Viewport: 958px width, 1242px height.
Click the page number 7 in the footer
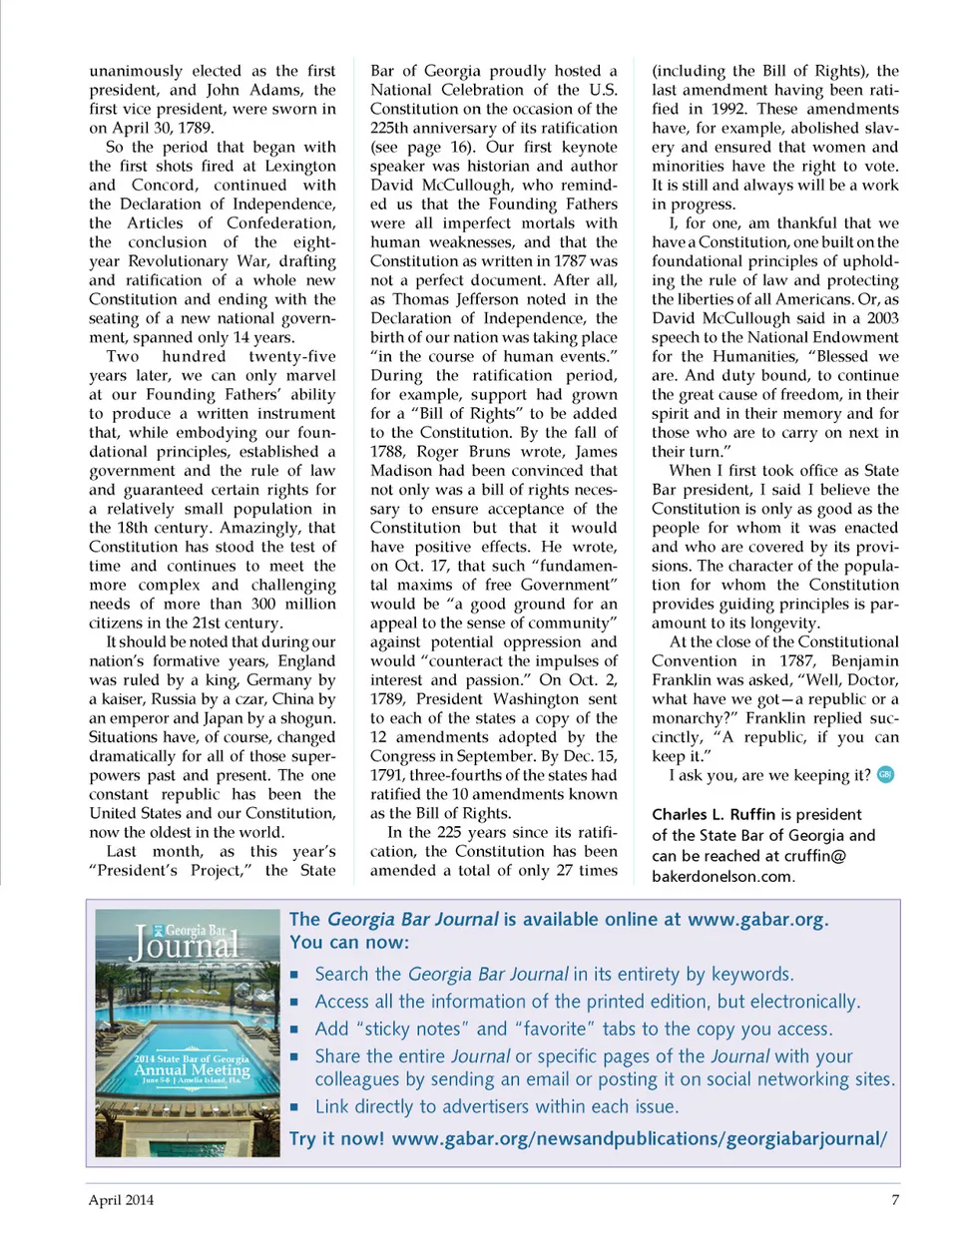pyautogui.click(x=895, y=1199)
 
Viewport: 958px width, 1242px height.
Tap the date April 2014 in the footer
pyautogui.click(x=121, y=1199)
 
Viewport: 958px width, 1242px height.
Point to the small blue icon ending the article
pyautogui.click(x=885, y=775)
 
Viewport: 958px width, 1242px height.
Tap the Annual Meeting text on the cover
pyautogui.click(x=192, y=1069)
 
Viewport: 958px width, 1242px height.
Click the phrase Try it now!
pyautogui.click(x=336, y=1138)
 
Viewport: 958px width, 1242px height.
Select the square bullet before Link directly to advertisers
pyautogui.click(x=295, y=1106)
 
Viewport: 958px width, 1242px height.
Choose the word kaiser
pyautogui.click(x=124, y=698)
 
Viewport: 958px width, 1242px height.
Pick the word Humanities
pyautogui.click(x=735, y=356)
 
